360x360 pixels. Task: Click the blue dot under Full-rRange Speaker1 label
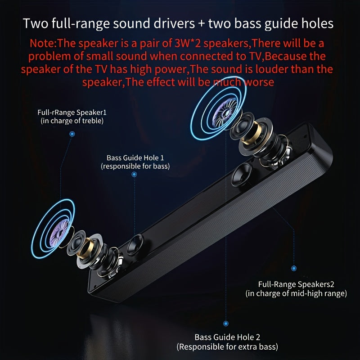coord(72,134)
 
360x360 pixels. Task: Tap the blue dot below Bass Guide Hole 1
coord(134,175)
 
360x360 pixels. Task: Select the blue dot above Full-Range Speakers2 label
coord(294,268)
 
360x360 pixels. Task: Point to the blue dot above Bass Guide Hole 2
coord(226,324)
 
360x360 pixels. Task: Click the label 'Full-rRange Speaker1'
coord(72,112)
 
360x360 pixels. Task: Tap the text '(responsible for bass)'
coord(135,166)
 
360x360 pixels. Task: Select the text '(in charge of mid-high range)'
coord(296,293)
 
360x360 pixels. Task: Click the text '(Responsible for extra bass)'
coord(227,346)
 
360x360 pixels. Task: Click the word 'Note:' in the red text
coord(43,43)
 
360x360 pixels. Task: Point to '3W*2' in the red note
coord(188,43)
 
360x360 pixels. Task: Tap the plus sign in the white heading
coord(201,24)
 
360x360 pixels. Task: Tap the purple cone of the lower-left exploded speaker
coord(59,233)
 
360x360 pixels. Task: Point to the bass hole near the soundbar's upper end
coord(242,175)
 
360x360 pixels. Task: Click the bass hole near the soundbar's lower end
coord(135,245)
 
